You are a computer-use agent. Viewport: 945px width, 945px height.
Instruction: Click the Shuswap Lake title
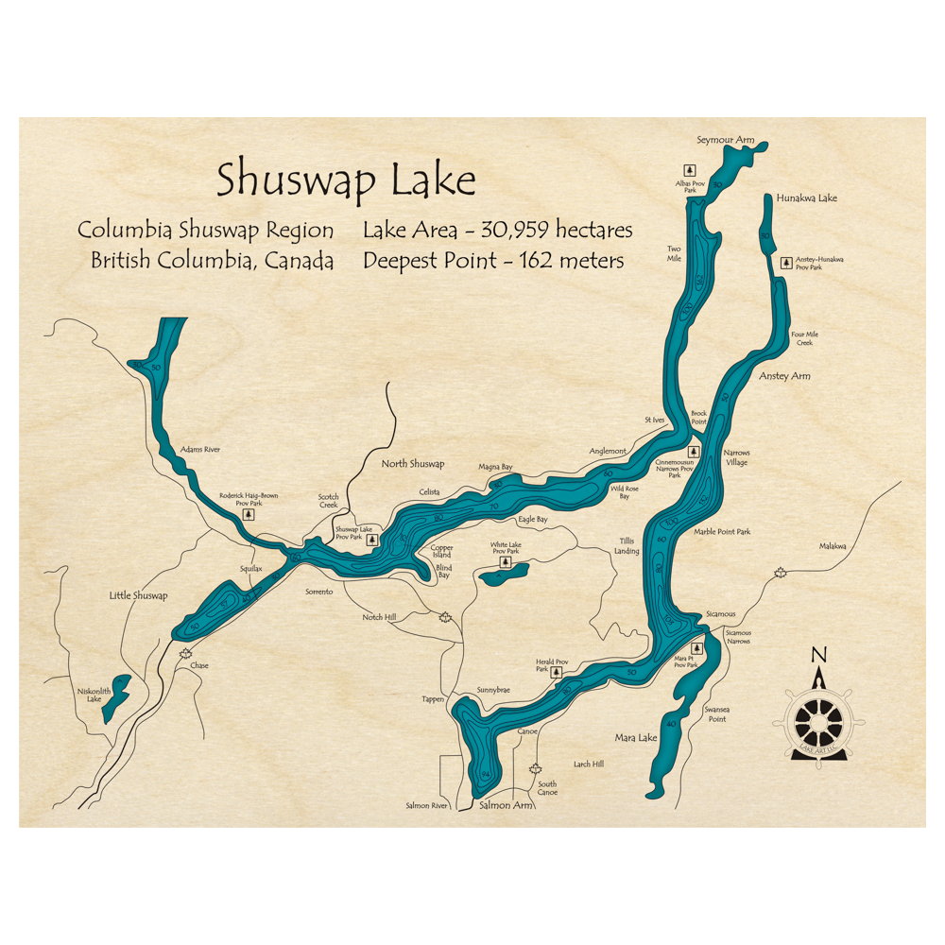coord(346,180)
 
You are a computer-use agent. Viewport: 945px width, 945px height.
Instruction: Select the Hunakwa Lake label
coord(806,198)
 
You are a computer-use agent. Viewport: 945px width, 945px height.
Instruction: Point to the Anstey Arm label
coord(784,376)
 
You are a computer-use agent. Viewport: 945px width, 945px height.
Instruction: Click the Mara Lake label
coord(635,737)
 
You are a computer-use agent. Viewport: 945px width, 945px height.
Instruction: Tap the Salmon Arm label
coord(507,805)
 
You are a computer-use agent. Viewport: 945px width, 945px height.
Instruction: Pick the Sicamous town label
coord(719,614)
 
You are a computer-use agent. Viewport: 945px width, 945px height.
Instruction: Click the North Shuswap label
coord(412,464)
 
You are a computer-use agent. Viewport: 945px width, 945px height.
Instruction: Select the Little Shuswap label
coord(138,595)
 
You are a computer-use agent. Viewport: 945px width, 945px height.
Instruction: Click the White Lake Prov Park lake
coord(499,573)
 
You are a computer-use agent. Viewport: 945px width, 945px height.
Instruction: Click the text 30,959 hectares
coord(556,230)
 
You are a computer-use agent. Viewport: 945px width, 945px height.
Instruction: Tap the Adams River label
coord(199,450)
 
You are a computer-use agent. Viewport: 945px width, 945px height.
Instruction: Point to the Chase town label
coord(199,665)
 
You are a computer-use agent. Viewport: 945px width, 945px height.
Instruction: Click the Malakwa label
coord(833,546)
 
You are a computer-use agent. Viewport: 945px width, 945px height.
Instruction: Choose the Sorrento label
coord(319,591)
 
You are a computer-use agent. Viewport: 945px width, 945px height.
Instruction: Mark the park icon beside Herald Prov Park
coord(556,673)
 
